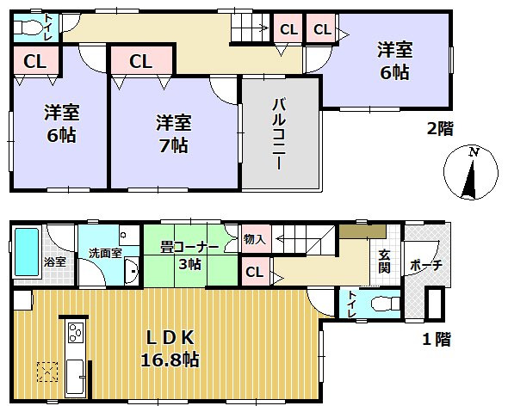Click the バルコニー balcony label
click(279, 133)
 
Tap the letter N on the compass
click(473, 151)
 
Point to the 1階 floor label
click(437, 338)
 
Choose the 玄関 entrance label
click(385, 261)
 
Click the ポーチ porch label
click(426, 264)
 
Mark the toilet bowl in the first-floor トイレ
click(382, 304)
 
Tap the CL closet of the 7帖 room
click(142, 61)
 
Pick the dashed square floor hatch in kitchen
click(46, 371)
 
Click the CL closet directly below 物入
click(254, 273)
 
